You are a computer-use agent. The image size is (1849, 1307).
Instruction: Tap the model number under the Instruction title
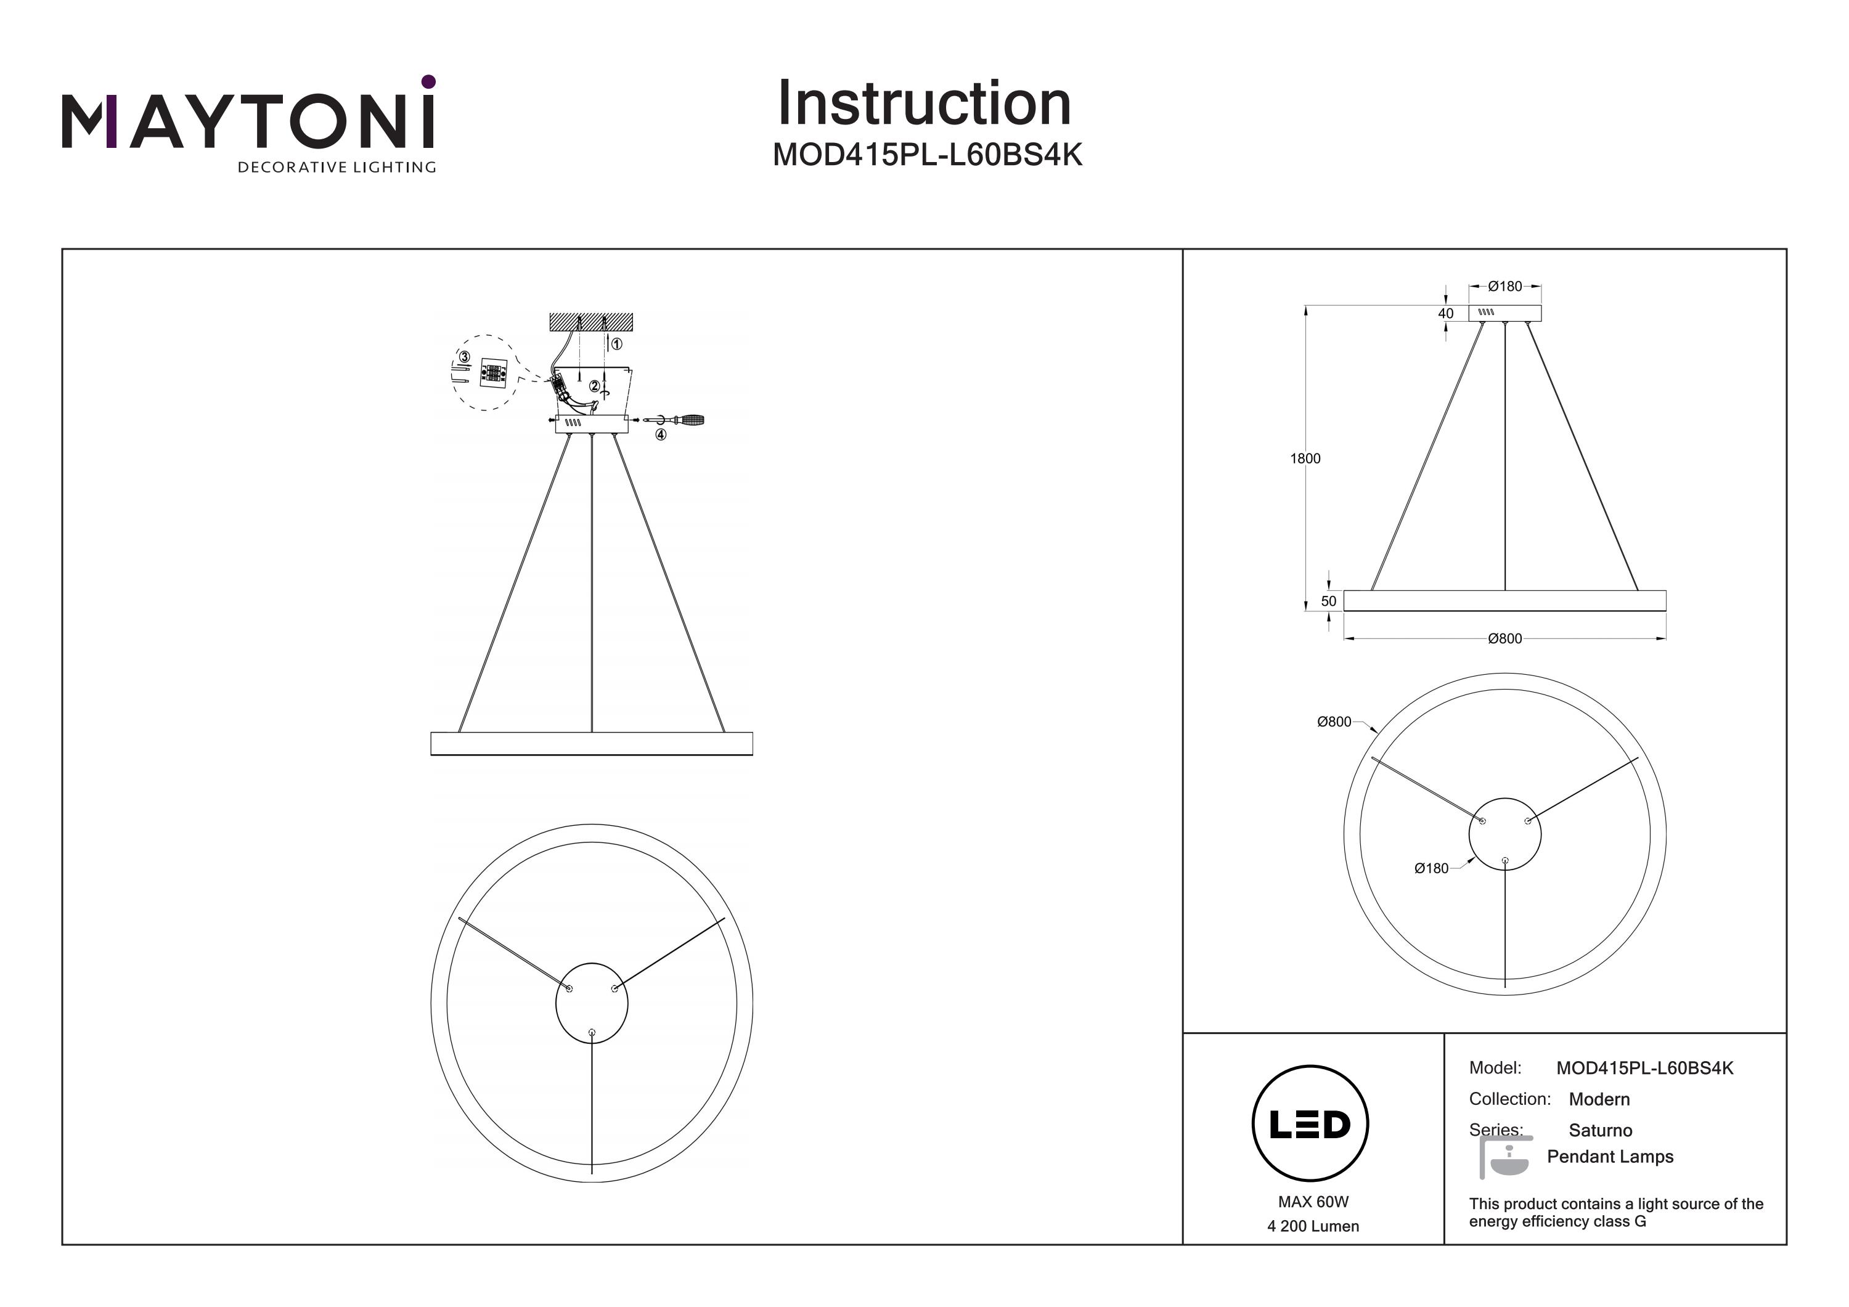tap(927, 155)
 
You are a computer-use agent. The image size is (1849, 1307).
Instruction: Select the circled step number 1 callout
tap(616, 344)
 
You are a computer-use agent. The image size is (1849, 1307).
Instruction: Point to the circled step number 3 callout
tap(464, 357)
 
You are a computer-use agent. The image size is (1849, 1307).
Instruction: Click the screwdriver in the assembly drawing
tap(680, 420)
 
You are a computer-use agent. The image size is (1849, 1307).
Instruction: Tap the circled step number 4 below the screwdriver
tap(660, 435)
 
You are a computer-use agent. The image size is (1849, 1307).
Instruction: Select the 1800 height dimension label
tap(1305, 458)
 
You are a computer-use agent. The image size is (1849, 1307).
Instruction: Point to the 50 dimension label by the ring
tap(1329, 601)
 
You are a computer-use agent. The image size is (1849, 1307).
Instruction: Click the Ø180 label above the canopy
tap(1504, 286)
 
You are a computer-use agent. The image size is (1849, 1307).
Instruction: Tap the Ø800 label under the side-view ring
tap(1504, 638)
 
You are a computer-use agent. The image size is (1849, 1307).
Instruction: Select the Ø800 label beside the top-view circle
tap(1334, 722)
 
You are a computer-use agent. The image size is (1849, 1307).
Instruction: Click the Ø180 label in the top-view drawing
tap(1431, 868)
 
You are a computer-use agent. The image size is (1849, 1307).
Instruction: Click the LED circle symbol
tap(1310, 1124)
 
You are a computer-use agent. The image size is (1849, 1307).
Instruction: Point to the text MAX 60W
tap(1313, 1202)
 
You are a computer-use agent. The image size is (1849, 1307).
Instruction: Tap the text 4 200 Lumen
tap(1313, 1226)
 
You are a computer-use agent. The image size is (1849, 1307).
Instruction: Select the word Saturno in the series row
tap(1599, 1130)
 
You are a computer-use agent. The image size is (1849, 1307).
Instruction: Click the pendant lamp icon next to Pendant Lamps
tap(1505, 1158)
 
